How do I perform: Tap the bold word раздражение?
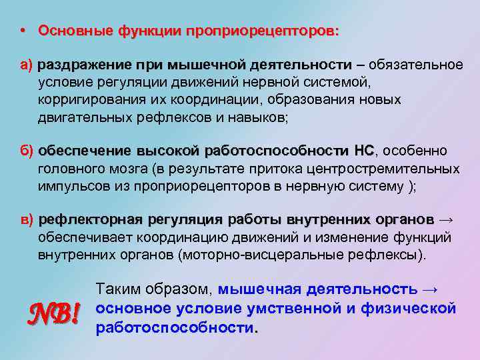pos(85,65)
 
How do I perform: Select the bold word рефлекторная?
pos(90,219)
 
